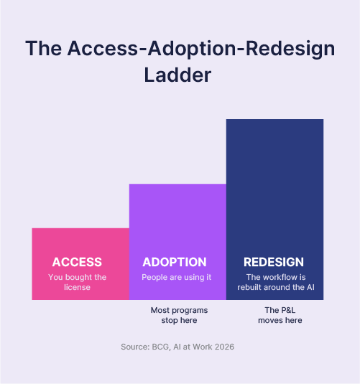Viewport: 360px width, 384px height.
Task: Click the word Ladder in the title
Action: [x=177, y=75]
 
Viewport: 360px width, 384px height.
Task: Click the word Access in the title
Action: [x=103, y=48]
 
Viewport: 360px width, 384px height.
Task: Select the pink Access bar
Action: [x=80, y=264]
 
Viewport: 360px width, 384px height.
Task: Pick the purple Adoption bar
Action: [x=177, y=242]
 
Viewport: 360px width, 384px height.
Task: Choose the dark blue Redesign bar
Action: [x=274, y=210]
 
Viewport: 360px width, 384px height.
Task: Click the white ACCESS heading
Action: [x=77, y=262]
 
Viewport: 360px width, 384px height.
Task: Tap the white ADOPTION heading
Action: [x=175, y=262]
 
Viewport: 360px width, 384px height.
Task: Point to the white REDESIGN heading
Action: [x=274, y=262]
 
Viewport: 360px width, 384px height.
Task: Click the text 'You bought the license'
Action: [x=78, y=282]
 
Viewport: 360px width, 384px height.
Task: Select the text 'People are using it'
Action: [x=177, y=277]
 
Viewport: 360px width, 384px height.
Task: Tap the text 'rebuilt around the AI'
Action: [x=276, y=287]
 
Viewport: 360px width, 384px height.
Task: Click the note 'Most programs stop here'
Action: [x=179, y=315]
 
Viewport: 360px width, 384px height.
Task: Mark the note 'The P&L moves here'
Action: [x=280, y=315]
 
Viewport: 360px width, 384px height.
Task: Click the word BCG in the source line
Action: [x=162, y=347]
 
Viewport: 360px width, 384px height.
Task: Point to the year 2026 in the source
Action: [x=224, y=347]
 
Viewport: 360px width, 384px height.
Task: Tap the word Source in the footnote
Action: [x=135, y=347]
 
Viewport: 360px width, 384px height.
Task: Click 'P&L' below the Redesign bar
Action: [x=287, y=310]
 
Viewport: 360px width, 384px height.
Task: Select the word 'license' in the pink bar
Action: [x=78, y=287]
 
